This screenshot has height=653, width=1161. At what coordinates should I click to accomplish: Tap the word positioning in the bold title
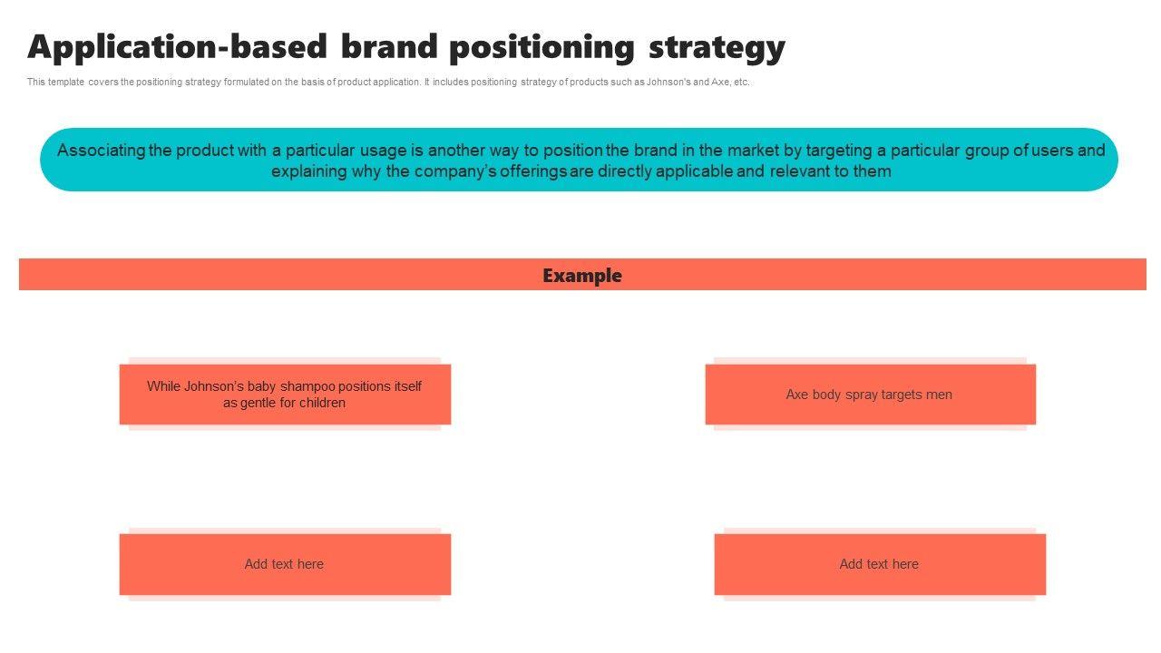(x=541, y=47)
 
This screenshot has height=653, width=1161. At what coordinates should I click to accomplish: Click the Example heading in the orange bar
(x=582, y=275)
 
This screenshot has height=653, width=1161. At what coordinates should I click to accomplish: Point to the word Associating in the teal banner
(x=101, y=151)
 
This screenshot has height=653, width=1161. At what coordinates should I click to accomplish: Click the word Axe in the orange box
(x=796, y=395)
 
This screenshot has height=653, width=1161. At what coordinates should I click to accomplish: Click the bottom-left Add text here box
(x=284, y=564)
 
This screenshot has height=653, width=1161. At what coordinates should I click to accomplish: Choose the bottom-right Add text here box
(x=879, y=564)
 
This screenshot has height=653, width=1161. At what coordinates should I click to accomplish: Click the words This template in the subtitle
(x=55, y=82)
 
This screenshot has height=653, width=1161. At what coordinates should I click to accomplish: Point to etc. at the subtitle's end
(x=741, y=82)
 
